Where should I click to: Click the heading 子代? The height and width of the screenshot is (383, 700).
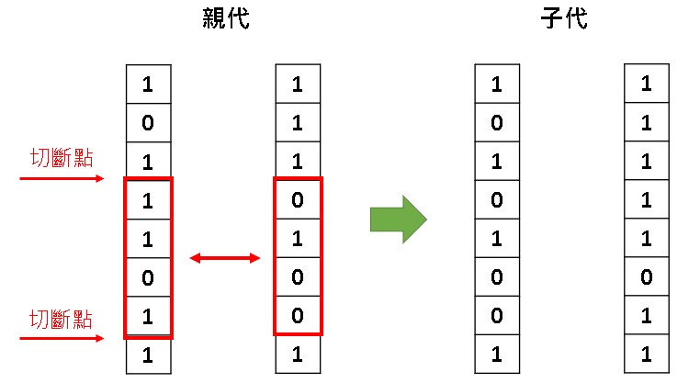pos(564,19)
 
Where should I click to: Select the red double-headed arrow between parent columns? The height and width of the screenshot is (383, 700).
pos(225,259)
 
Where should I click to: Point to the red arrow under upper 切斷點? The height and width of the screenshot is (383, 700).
pos(62,179)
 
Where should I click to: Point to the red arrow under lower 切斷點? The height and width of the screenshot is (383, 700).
pos(62,339)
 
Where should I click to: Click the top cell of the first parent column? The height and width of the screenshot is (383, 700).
pos(147,85)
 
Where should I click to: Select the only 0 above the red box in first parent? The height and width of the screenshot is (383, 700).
pos(147,122)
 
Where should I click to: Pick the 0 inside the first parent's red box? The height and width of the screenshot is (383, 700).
pos(147,276)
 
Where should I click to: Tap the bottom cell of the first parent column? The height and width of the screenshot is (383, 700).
pos(147,355)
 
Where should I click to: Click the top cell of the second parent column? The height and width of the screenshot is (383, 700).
pos(297,85)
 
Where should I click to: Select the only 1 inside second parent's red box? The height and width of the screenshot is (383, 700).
pos(297,238)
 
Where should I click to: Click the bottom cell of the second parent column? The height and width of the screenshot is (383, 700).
pos(297,355)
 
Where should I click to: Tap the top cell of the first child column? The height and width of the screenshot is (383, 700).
pos(497,85)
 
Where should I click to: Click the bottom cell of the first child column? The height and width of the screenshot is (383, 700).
pos(497,355)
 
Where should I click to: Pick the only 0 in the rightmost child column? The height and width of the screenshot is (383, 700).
pos(647,276)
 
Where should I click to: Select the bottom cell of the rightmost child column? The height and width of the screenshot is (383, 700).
pos(647,355)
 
